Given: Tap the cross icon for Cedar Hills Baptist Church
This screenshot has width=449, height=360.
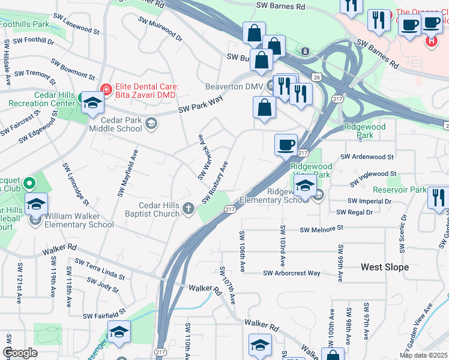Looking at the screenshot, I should (x=188, y=209).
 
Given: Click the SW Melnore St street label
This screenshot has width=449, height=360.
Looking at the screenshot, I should (x=321, y=229).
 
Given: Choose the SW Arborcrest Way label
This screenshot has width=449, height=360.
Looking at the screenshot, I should (x=292, y=273).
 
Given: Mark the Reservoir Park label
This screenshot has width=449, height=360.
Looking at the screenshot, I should (x=407, y=190).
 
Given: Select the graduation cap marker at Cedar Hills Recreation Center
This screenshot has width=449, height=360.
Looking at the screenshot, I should (x=92, y=103).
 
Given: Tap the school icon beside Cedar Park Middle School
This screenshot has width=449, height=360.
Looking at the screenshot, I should (x=151, y=124).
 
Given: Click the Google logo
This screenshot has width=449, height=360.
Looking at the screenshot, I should (x=20, y=353).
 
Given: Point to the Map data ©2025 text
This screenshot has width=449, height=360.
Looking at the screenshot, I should (x=424, y=355).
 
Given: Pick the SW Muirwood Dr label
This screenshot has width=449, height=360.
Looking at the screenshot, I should (x=160, y=28).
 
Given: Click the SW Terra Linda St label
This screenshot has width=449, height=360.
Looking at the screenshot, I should (x=100, y=270).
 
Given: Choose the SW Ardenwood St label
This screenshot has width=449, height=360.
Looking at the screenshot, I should (x=367, y=157).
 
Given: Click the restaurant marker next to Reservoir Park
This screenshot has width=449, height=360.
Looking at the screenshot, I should (x=439, y=197).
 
